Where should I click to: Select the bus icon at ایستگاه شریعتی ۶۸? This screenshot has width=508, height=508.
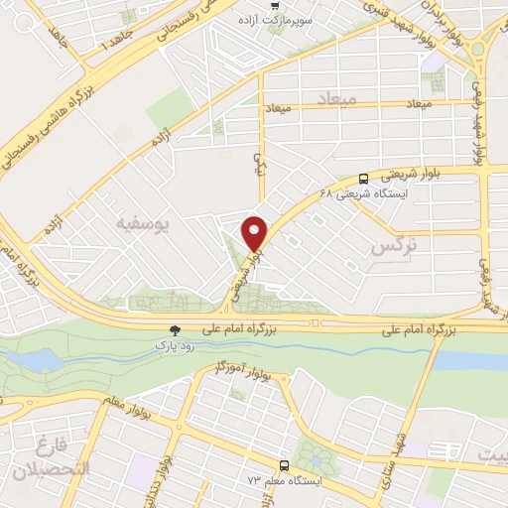tap(363, 180)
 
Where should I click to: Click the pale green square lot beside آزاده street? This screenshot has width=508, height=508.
tap(171, 106)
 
